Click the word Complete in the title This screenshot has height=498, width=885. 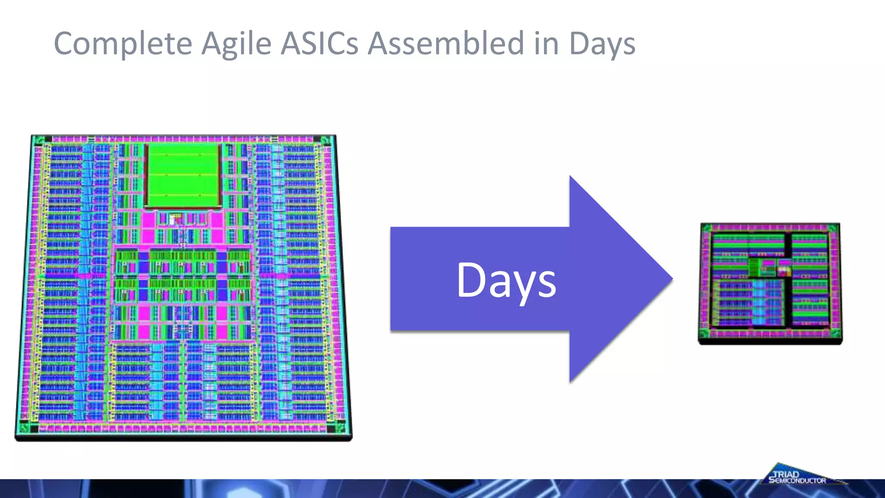pyautogui.click(x=123, y=44)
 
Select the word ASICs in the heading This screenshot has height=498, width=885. pyautogui.click(x=319, y=44)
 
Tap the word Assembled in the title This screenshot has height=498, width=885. pyautogui.click(x=446, y=44)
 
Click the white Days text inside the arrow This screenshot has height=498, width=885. pyautogui.click(x=506, y=281)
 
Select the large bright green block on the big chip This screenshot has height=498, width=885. pyautogui.click(x=183, y=176)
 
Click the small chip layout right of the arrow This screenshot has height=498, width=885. pyautogui.click(x=770, y=283)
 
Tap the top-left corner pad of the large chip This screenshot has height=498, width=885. pyautogui.click(x=39, y=140)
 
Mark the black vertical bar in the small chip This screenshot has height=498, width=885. pyautogui.click(x=788, y=281)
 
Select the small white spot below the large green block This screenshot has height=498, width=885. pyautogui.click(x=172, y=220)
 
